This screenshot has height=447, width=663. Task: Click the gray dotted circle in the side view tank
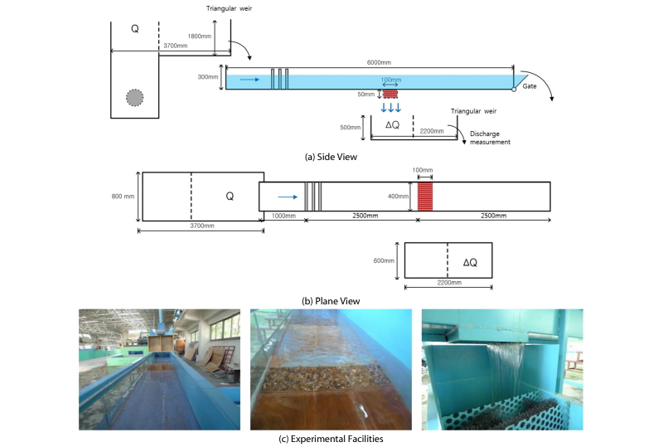tap(135, 97)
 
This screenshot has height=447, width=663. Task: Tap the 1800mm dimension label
tap(200, 36)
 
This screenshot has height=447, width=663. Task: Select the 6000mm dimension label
tap(379, 62)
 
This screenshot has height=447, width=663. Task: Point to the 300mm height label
tap(208, 77)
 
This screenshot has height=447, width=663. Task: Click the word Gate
tap(530, 86)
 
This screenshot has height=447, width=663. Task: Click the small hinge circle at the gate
tap(514, 90)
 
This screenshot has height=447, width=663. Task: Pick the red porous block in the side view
tap(390, 94)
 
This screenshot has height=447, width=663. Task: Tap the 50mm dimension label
tap(366, 94)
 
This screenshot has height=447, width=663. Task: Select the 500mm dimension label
tap(351, 127)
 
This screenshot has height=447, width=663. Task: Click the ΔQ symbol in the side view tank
tap(392, 124)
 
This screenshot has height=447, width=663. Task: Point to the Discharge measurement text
tap(491, 138)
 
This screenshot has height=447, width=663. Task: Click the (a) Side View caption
tap(331, 157)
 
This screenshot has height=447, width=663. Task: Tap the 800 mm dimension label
tap(123, 196)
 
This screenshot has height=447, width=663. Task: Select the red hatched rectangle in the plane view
tap(425, 197)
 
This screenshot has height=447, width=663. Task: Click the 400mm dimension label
tap(399, 196)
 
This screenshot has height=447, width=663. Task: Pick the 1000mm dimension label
tap(283, 216)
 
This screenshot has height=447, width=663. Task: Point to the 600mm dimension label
tap(384, 260)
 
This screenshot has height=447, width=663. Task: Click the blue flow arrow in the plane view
tap(288, 197)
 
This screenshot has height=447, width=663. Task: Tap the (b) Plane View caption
tap(331, 301)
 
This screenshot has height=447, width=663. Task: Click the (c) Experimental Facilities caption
tap(331, 439)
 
